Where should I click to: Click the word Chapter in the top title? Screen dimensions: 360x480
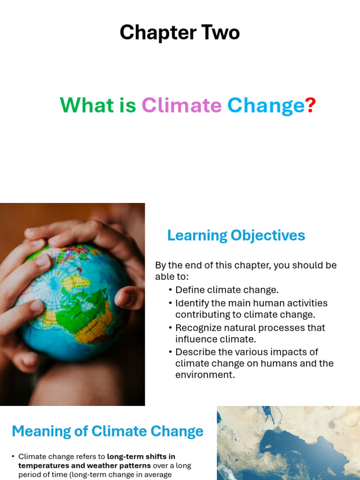point(158,33)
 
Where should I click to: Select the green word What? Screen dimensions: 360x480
point(87,105)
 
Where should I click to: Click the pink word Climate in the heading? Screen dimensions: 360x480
point(181,105)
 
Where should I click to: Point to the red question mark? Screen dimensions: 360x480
point(310,105)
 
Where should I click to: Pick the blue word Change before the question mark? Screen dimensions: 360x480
point(266,106)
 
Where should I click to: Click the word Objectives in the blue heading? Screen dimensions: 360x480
point(268,236)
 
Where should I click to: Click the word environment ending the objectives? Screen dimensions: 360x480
point(205,375)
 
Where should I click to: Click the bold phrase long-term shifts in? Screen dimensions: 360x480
point(141,457)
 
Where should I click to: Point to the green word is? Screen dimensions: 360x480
point(127,105)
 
